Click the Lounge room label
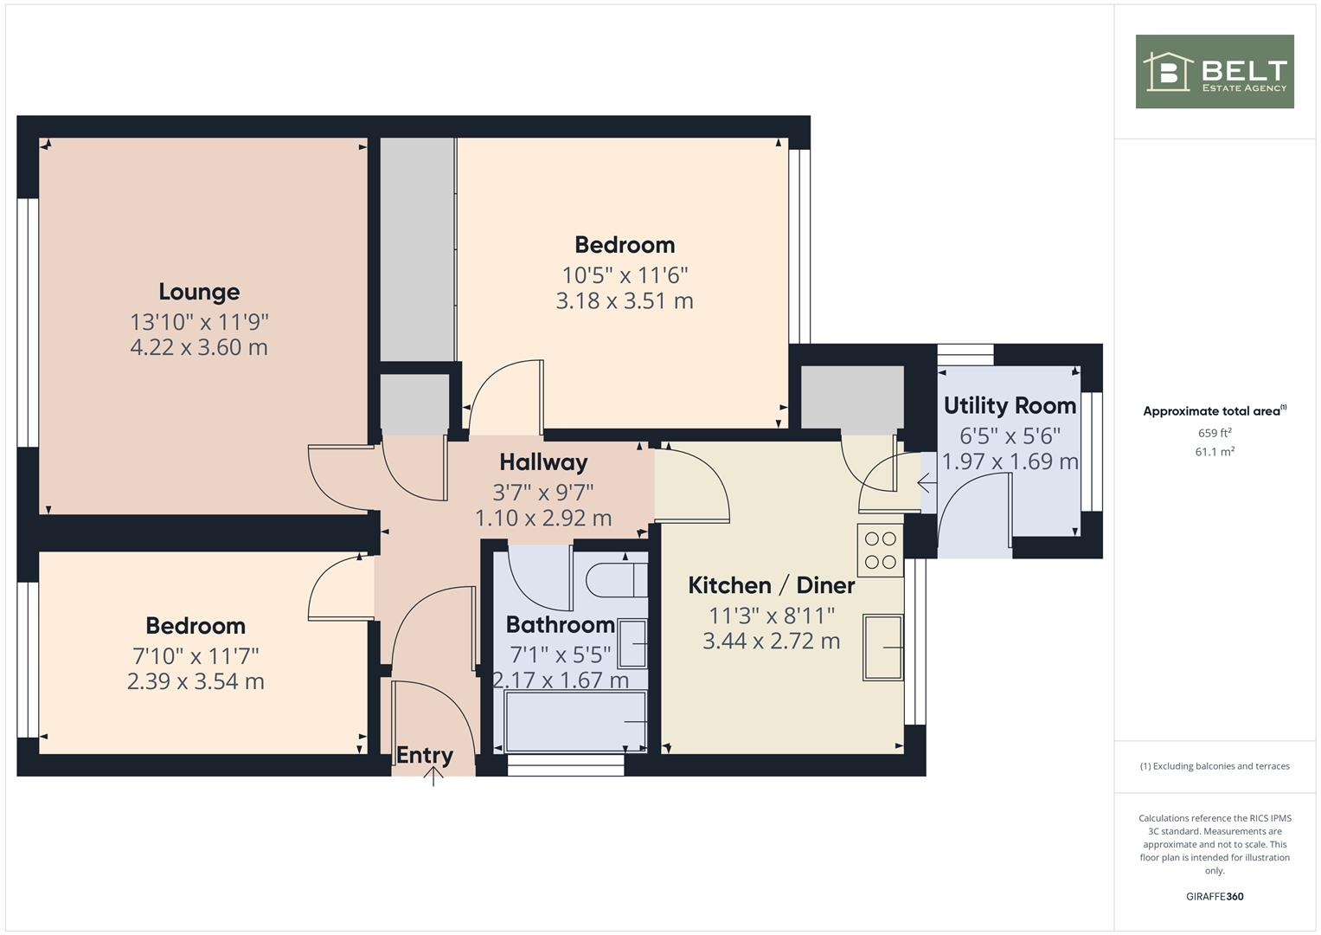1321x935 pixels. click(x=199, y=292)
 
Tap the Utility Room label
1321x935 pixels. click(x=1010, y=405)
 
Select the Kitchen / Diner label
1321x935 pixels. click(x=771, y=585)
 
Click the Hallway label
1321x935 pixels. click(x=543, y=462)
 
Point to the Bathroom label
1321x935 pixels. click(x=560, y=624)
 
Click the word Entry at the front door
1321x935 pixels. click(x=425, y=755)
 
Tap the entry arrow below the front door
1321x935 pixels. click(x=433, y=776)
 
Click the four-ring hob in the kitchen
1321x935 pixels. click(x=880, y=551)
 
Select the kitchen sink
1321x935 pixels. click(x=882, y=647)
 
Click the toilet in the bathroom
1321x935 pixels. click(x=616, y=579)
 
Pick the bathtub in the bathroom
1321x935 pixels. click(x=575, y=721)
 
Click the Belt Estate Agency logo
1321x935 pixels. click(x=1215, y=72)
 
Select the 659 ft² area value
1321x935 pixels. click(x=1215, y=433)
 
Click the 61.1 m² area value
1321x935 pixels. click(x=1215, y=452)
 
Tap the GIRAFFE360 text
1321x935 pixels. click(x=1215, y=896)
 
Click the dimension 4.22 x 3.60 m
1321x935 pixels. click(x=199, y=348)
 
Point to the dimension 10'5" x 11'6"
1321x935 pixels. click(x=625, y=275)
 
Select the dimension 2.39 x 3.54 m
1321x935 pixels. click(x=196, y=681)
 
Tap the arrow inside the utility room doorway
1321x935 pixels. click(x=927, y=482)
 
